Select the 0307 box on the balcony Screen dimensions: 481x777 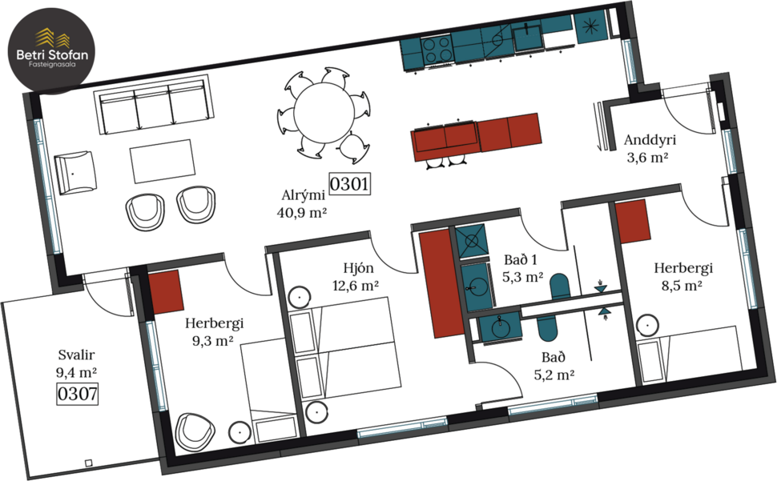pyautogui.click(x=77, y=393)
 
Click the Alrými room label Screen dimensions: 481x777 pyautogui.click(x=301, y=195)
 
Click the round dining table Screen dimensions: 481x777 pyautogui.click(x=323, y=112)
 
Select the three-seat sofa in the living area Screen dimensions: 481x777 pyautogui.click(x=154, y=110)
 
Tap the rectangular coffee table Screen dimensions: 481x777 pyautogui.click(x=163, y=161)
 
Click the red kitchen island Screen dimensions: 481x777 pyautogui.click(x=476, y=133)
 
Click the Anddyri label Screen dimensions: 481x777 pyautogui.click(x=650, y=141)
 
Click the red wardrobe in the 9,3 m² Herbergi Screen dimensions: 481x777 pyautogui.click(x=167, y=291)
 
